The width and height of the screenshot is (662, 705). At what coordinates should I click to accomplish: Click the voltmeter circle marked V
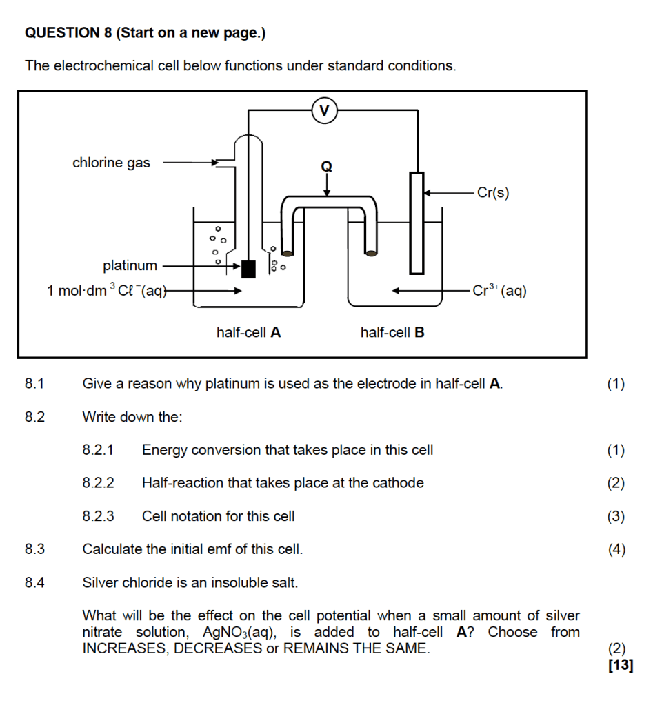[x=325, y=110]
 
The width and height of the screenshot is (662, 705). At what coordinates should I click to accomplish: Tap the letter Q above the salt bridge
[x=327, y=166]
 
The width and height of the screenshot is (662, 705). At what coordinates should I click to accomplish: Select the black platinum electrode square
[x=248, y=268]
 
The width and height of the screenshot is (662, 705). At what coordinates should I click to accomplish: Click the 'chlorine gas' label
[x=111, y=163]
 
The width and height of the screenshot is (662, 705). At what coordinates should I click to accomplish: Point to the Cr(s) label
[x=493, y=193]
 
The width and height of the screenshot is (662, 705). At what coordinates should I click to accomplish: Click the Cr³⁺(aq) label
[x=500, y=291]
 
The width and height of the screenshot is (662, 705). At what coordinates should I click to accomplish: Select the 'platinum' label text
[x=130, y=265]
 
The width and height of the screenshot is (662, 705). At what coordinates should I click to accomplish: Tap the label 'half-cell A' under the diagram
[x=248, y=332]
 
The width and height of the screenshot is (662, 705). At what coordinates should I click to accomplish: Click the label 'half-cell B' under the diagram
[x=392, y=332]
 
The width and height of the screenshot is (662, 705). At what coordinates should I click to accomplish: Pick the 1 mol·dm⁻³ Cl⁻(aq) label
[x=107, y=291]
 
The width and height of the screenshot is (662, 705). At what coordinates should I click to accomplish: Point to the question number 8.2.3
[x=99, y=516]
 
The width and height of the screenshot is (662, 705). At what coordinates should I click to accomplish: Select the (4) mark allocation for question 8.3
[x=616, y=549]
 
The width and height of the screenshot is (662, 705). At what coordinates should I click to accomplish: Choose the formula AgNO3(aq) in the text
[x=240, y=633]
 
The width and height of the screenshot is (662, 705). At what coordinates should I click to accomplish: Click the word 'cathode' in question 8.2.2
[x=398, y=483]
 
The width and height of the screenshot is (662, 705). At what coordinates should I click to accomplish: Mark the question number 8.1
[x=34, y=384]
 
